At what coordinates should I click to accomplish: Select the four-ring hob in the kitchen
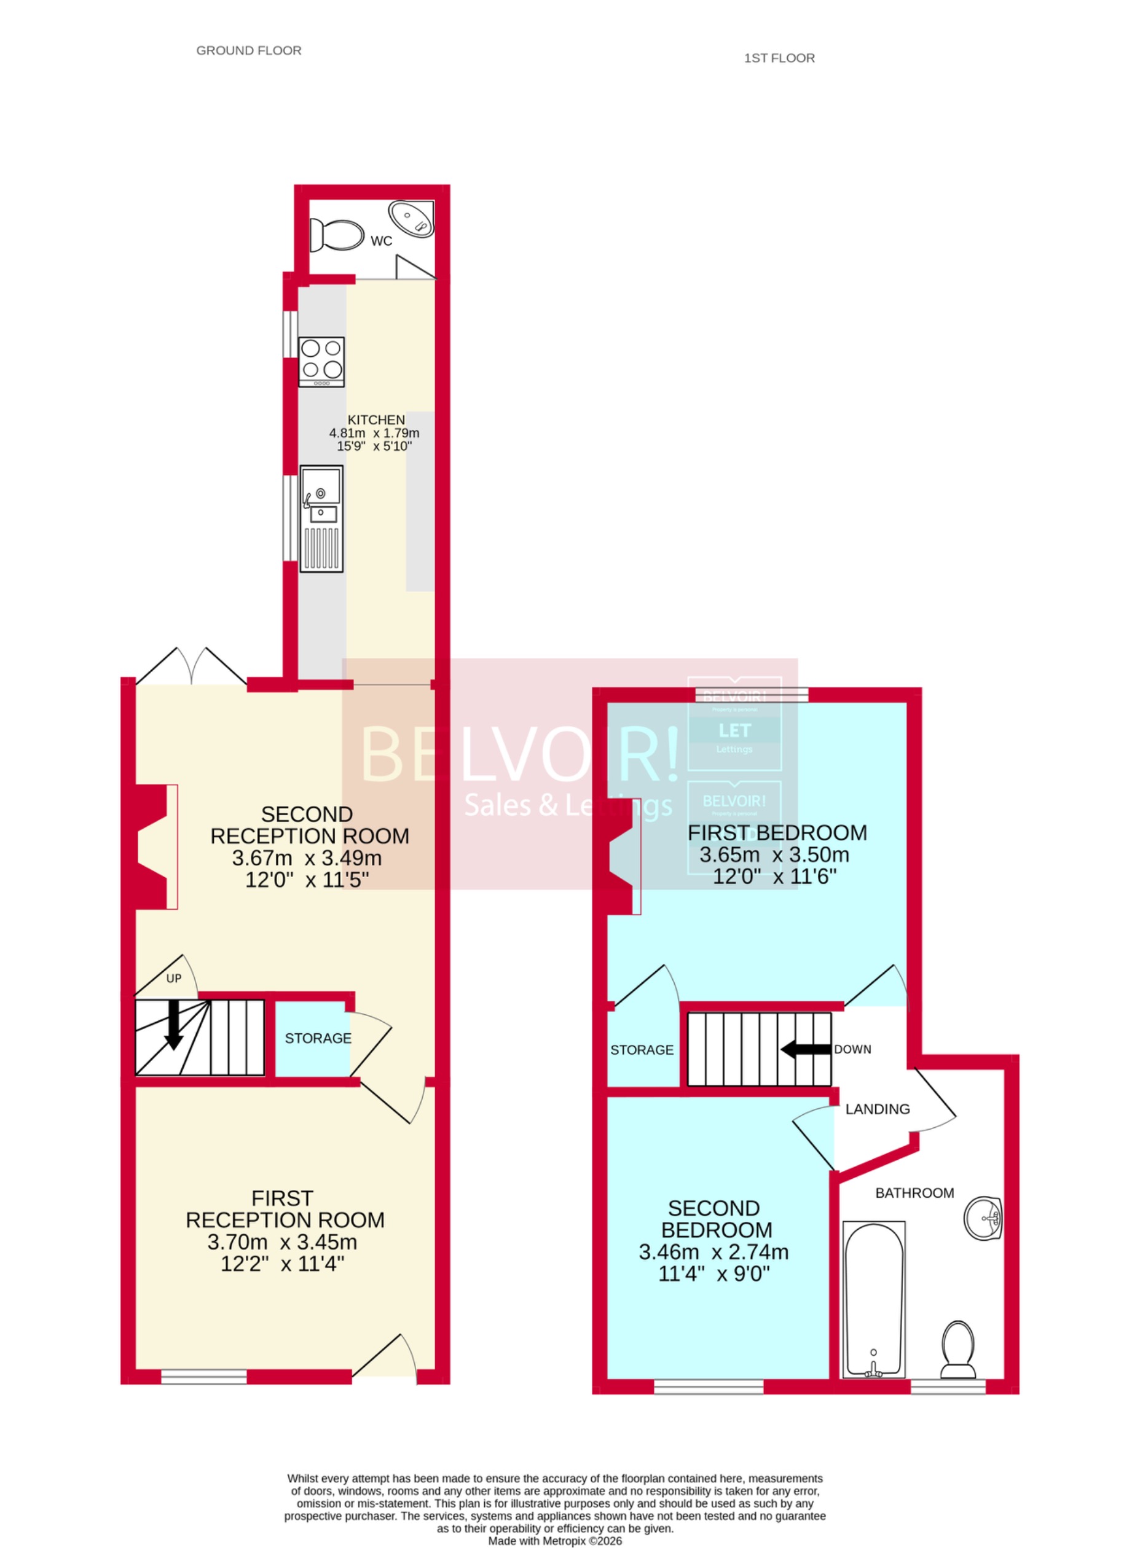(x=321, y=361)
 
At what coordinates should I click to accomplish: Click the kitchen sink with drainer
(x=321, y=518)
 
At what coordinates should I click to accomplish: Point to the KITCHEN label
(x=375, y=420)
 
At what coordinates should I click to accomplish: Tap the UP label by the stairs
(x=174, y=978)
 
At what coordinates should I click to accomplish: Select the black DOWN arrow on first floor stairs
(x=805, y=1050)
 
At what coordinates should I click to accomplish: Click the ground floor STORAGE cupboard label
(x=318, y=1038)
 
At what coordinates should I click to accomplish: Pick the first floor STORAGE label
(x=641, y=1050)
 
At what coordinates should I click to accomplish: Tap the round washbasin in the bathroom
(x=983, y=1218)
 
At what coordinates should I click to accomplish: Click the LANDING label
(x=877, y=1109)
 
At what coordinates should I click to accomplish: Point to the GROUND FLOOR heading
(x=248, y=50)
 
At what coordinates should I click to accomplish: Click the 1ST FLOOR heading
(x=779, y=58)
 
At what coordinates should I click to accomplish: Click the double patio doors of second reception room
(x=191, y=667)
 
